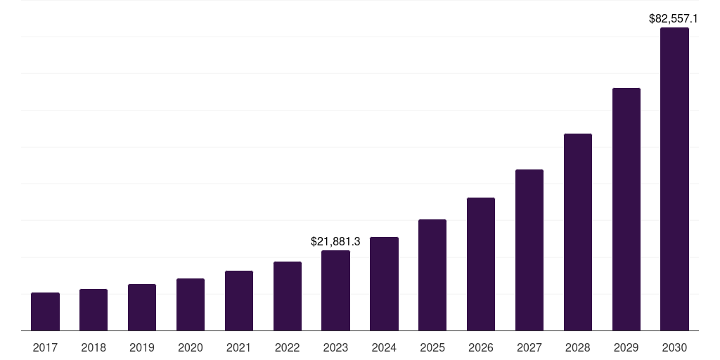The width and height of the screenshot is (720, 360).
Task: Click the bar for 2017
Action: [45, 311]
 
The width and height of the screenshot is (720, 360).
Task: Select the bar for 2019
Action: [142, 307]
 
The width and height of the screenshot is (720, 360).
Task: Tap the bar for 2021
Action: [239, 300]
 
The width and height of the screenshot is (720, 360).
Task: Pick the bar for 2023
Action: [335, 290]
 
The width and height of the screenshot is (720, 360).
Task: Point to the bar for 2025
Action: [432, 275]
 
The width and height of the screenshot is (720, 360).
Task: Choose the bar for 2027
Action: [529, 250]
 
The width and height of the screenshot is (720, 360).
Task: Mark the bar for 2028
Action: [578, 232]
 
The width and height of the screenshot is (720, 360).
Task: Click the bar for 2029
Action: [626, 209]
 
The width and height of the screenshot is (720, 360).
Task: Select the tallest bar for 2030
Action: [674, 179]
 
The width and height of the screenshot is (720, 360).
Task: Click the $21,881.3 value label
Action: [335, 241]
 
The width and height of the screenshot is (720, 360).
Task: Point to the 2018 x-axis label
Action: [94, 347]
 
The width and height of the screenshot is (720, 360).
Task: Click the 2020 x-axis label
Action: [191, 347]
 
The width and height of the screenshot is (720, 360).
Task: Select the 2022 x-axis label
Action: [288, 347]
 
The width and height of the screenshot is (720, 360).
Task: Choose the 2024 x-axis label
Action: [384, 347]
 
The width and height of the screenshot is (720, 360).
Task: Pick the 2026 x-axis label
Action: [481, 347]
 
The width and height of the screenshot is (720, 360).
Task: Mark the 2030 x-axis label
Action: [674, 347]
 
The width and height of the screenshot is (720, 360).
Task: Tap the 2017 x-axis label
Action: [45, 347]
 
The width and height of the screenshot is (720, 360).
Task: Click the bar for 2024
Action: [384, 283]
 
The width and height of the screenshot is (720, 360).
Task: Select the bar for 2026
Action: [481, 264]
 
